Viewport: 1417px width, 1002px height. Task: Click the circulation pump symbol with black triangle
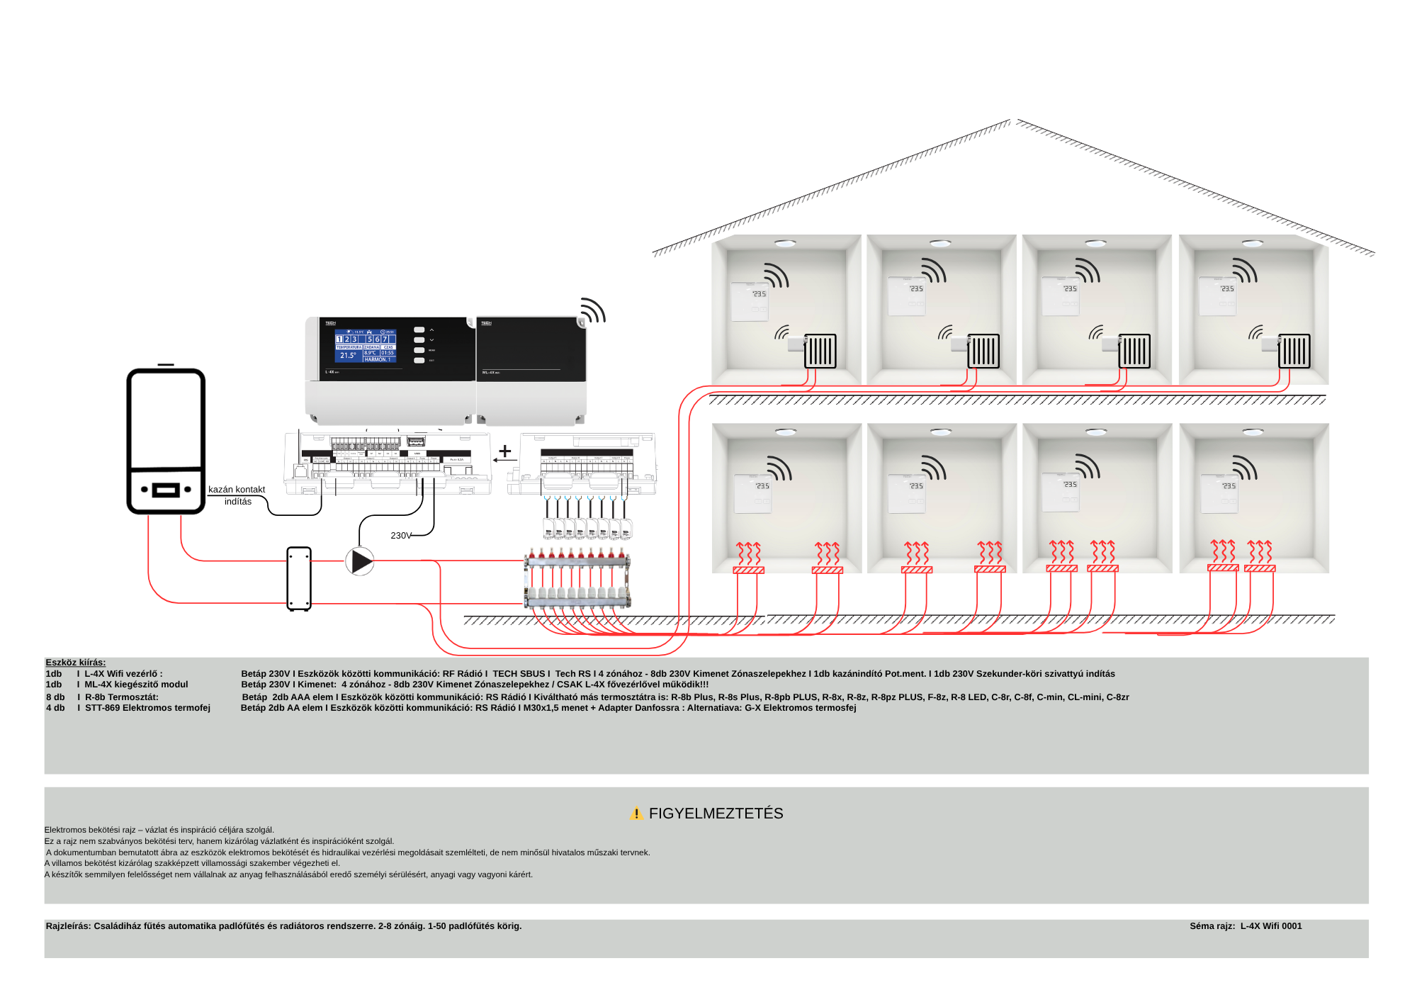tap(360, 561)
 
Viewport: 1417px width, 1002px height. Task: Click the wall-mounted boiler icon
tap(166, 440)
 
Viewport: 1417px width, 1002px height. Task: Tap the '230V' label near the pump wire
tap(400, 536)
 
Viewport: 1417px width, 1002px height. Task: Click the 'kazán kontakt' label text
tap(237, 490)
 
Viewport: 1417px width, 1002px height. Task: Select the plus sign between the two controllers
tap(504, 451)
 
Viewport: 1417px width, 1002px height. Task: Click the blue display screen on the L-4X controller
tap(366, 347)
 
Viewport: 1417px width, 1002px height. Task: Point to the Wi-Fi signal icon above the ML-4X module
tap(593, 310)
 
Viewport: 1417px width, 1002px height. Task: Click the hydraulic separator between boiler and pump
tap(299, 578)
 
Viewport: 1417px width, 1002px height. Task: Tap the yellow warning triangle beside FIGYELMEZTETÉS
tap(636, 814)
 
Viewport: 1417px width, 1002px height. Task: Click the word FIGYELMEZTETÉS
tap(716, 814)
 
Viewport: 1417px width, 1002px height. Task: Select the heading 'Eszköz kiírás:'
tap(76, 663)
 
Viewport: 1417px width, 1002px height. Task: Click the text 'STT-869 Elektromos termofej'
tap(147, 708)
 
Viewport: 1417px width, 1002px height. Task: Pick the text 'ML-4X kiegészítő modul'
tap(136, 685)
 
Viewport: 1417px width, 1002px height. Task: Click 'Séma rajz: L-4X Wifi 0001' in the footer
tap(1246, 926)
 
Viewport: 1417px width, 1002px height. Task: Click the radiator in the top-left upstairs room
tap(820, 351)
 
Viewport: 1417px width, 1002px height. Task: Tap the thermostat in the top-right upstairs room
tap(1216, 296)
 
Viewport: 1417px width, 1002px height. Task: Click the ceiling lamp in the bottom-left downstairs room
tap(785, 432)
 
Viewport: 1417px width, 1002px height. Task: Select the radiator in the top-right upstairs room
tap(1294, 351)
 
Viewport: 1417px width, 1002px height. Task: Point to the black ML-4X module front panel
tap(531, 349)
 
